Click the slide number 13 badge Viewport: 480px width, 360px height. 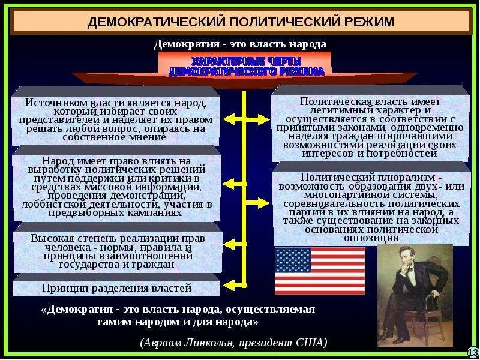pos(472,352)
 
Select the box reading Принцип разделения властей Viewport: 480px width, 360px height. pos(116,288)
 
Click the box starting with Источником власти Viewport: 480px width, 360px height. pos(116,119)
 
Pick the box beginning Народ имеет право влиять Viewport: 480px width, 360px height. pos(116,187)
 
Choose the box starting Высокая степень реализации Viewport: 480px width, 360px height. pos(116,251)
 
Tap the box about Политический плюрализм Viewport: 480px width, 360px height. pos(371,208)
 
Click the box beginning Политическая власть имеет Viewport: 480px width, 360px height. pos(371,127)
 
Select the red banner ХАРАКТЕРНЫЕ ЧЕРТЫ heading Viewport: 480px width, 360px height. pos(246,67)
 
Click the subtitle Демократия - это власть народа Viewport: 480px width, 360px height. pos(240,44)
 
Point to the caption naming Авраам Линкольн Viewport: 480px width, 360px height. pos(234,343)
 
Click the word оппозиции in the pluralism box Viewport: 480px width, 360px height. pos(371,238)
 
